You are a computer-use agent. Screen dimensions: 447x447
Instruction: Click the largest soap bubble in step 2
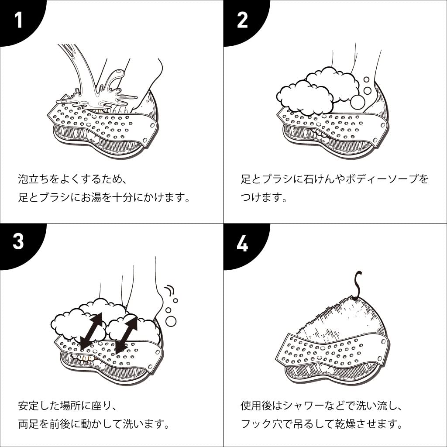click(x=358, y=102)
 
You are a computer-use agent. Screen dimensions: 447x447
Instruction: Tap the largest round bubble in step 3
click(x=171, y=321)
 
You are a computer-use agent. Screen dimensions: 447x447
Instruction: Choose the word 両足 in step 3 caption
click(x=28, y=424)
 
